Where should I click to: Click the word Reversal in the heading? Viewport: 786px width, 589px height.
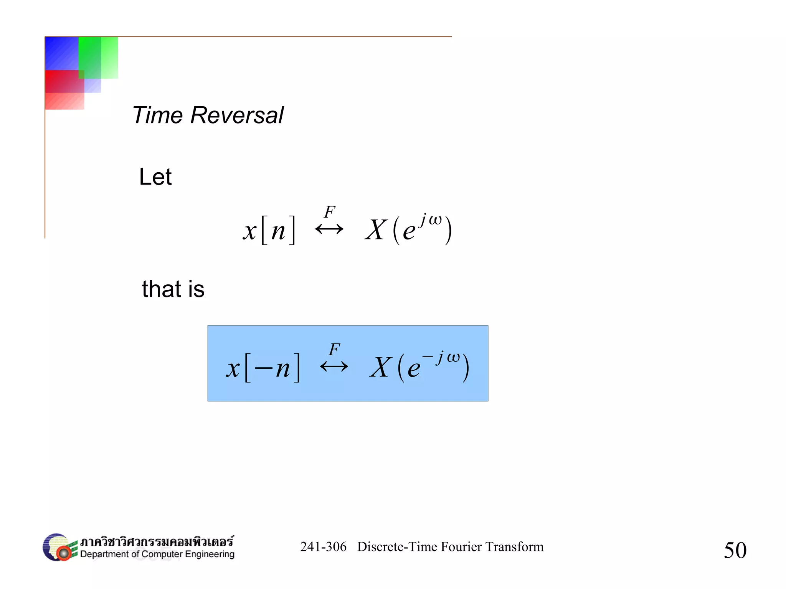[237, 115]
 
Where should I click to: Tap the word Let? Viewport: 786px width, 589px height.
[155, 177]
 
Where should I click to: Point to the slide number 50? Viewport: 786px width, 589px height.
[735, 550]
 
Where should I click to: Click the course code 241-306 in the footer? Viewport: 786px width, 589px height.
[323, 547]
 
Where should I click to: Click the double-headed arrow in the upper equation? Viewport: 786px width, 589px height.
[329, 229]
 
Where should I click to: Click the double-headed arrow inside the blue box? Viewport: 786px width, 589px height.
[334, 367]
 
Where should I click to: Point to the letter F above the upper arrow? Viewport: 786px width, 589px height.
[330, 212]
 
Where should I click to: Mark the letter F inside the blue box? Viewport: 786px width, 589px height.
[334, 349]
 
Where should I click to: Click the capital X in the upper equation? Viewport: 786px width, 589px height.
[375, 230]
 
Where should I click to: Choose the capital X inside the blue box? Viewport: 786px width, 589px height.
[380, 367]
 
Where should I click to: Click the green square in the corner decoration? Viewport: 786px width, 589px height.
[96, 56]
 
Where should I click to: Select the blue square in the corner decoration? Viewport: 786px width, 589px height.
[61, 53]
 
